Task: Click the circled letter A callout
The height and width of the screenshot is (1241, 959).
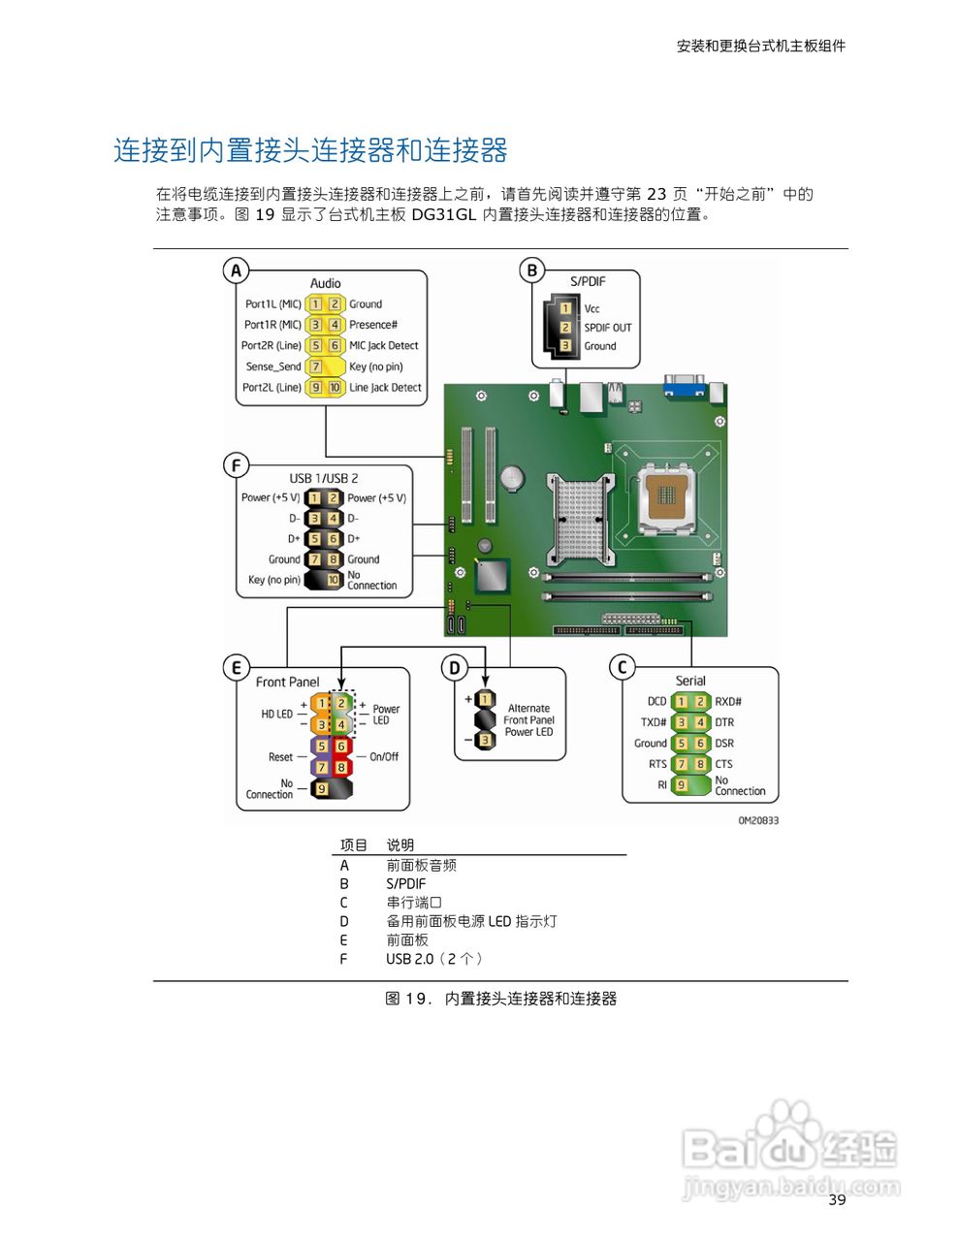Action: point(236,270)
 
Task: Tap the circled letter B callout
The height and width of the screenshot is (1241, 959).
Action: point(531,270)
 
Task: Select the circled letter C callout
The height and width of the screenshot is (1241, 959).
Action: point(623,667)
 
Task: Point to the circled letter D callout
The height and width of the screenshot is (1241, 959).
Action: point(455,667)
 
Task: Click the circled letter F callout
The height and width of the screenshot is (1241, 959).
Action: point(236,465)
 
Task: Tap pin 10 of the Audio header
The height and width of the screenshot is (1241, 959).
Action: point(335,388)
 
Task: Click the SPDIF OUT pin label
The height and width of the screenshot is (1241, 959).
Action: point(607,328)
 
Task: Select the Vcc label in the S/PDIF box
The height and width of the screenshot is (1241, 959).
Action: point(591,308)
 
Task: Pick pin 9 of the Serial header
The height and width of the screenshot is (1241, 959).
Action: point(682,784)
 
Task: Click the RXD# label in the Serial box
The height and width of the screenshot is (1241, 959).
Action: point(728,702)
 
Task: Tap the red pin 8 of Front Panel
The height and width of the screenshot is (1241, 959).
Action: point(340,767)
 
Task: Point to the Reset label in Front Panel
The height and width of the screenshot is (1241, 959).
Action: point(280,757)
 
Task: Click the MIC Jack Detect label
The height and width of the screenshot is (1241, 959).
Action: point(383,346)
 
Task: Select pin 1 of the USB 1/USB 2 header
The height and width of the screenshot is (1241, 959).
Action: point(314,498)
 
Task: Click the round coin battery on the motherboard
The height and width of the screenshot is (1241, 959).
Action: point(512,477)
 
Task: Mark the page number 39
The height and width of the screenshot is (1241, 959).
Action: point(837,1200)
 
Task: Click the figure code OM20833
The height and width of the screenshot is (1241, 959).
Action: point(758,820)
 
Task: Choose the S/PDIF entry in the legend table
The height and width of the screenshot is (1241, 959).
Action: point(405,884)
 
